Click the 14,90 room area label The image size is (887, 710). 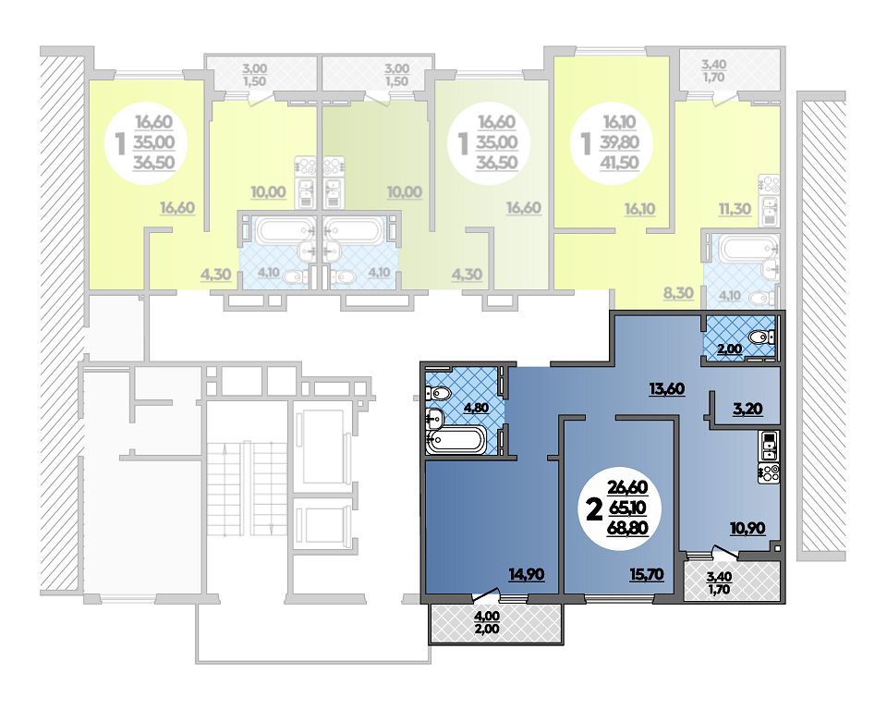click(526, 575)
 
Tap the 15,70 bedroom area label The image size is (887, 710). click(647, 575)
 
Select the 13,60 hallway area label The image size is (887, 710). click(667, 389)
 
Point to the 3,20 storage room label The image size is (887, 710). click(747, 409)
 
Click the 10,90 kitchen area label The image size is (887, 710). click(747, 528)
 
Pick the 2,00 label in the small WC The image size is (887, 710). click(730, 349)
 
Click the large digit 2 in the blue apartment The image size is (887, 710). click(593, 510)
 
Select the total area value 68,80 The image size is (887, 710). click(627, 528)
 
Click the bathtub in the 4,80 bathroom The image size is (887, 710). click(457, 440)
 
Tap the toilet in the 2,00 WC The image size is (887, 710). click(761, 338)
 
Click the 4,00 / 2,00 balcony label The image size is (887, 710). click(488, 622)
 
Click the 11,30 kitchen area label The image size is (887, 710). click(735, 209)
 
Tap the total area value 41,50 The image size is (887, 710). click(620, 163)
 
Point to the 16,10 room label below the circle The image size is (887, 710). click(639, 209)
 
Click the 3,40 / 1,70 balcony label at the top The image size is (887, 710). click(714, 71)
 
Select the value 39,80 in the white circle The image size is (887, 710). click(620, 142)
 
